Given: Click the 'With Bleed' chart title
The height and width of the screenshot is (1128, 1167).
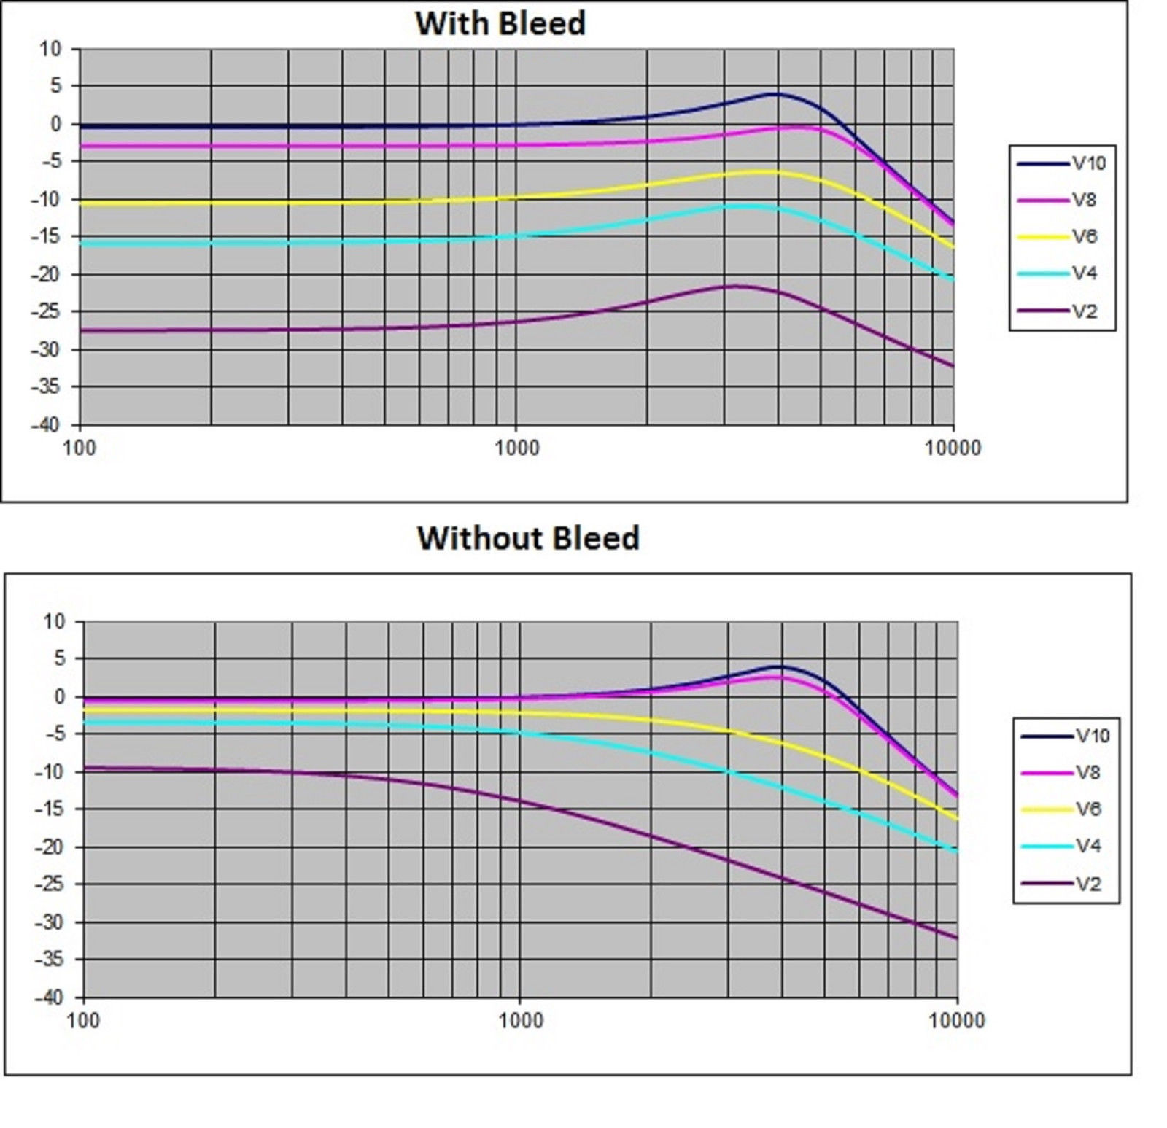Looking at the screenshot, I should (x=500, y=23).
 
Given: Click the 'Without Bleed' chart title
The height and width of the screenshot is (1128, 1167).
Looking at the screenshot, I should (x=528, y=538).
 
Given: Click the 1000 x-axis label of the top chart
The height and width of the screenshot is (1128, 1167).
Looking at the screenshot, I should (x=517, y=448).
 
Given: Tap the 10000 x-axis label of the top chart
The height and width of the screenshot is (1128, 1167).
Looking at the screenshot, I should (x=953, y=448).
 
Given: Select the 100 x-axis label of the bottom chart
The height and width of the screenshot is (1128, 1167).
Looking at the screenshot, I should (x=83, y=1020).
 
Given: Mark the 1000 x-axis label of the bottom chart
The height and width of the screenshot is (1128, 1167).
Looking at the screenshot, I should (x=521, y=1020).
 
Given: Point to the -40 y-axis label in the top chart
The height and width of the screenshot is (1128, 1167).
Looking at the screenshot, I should (x=45, y=424).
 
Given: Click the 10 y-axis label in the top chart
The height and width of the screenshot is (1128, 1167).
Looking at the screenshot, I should (x=51, y=50).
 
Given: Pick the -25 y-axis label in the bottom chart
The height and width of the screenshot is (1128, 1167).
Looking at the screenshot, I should (x=49, y=884).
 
